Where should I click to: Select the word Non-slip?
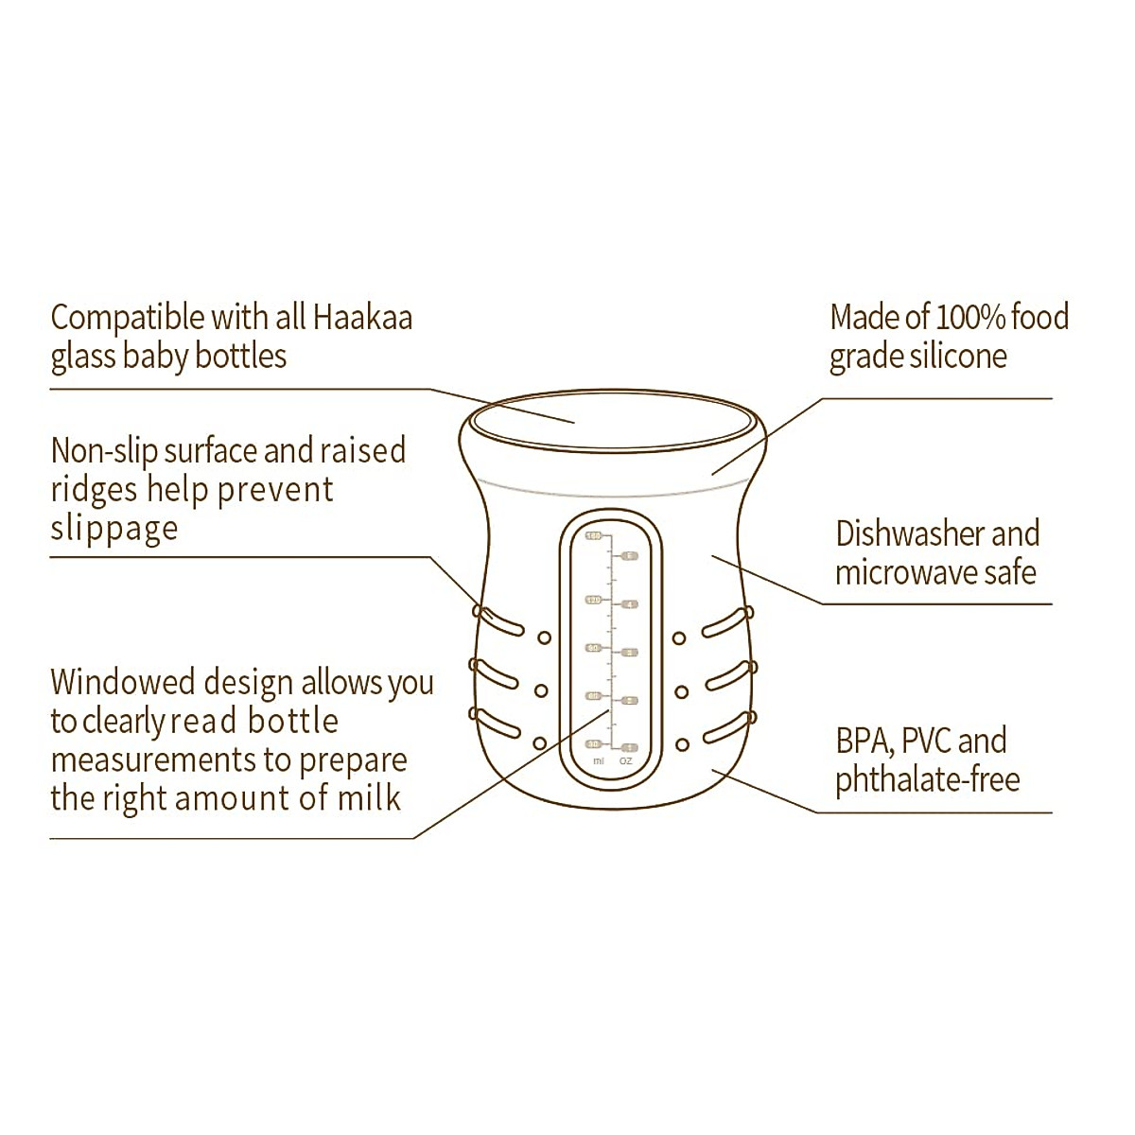(x=104, y=451)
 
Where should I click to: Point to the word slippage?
(x=113, y=529)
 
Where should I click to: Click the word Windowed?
(x=124, y=682)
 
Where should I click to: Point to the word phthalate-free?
(x=927, y=781)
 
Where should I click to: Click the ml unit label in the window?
(x=598, y=760)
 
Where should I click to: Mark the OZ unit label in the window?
(x=625, y=760)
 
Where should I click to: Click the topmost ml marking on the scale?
(x=593, y=536)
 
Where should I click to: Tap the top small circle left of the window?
(x=544, y=638)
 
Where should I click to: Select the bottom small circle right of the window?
(x=680, y=743)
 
